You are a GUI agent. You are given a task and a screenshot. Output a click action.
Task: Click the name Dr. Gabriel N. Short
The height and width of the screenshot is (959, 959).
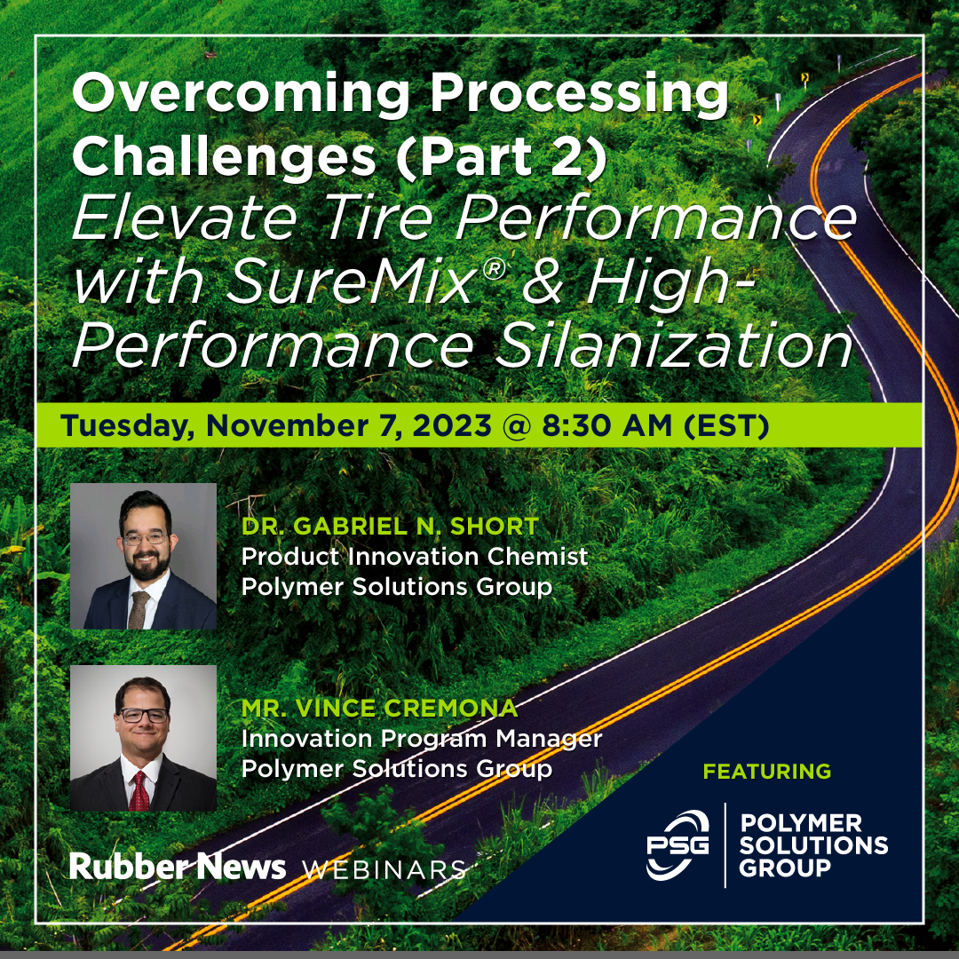pos(390,527)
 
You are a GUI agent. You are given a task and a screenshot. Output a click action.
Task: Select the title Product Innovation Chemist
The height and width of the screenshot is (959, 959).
pos(415,557)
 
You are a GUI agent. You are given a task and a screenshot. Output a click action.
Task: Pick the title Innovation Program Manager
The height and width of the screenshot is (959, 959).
pos(422,739)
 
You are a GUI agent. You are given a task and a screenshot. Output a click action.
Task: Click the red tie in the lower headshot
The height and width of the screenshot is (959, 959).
pos(139,789)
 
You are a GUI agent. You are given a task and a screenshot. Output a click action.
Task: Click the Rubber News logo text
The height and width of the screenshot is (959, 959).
pos(178,867)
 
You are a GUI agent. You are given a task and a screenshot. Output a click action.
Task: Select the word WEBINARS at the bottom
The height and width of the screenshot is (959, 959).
pos(384,869)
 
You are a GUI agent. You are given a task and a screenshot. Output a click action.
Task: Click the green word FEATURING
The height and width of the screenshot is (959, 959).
pos(767,771)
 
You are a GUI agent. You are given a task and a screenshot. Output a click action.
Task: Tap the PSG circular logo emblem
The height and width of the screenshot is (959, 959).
pos(678,844)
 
